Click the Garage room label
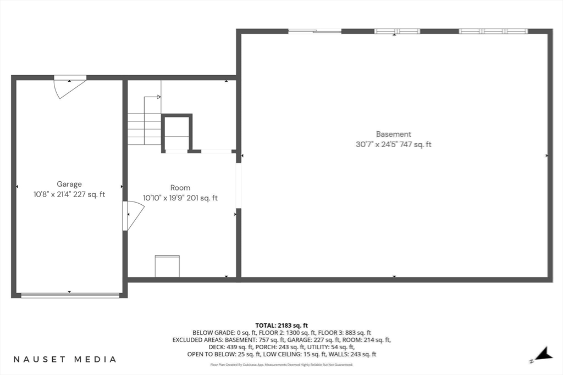point(69,184)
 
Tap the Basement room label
point(393,134)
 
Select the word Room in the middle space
point(180,188)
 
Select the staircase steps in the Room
point(144,129)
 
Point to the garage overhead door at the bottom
point(70,295)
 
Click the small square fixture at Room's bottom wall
point(167,266)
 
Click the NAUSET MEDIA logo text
point(65,360)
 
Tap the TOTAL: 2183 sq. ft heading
point(281,326)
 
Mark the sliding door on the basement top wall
point(314,31)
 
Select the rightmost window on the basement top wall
point(493,31)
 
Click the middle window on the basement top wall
point(397,31)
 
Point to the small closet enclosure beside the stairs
point(177,133)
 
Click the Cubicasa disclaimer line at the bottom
point(281,365)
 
